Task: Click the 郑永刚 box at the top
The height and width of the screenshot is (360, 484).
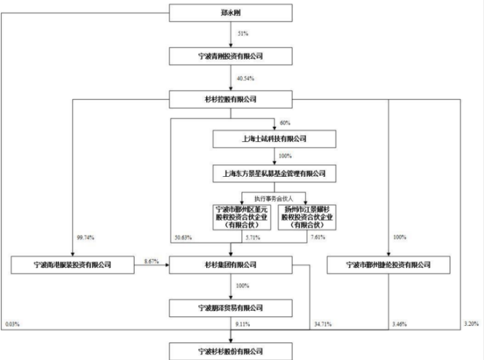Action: tap(231, 12)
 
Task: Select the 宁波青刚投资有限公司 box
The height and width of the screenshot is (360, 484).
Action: tap(231, 56)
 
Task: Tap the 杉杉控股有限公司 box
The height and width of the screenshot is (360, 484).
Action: tap(231, 99)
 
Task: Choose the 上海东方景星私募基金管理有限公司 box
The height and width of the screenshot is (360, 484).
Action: tap(273, 172)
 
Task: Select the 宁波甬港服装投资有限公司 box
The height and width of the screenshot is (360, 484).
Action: tap(72, 264)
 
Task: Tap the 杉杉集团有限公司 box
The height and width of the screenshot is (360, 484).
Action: tap(231, 264)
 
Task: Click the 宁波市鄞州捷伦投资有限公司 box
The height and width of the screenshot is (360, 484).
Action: tap(388, 264)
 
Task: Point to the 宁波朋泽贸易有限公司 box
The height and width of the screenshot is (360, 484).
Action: tap(231, 308)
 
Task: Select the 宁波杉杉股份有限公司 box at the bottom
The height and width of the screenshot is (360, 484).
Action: tap(231, 350)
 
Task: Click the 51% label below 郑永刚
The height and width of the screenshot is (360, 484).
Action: tap(242, 33)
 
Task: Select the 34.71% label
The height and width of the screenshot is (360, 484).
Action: tap(323, 325)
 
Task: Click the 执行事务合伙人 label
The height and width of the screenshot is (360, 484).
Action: tap(273, 196)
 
